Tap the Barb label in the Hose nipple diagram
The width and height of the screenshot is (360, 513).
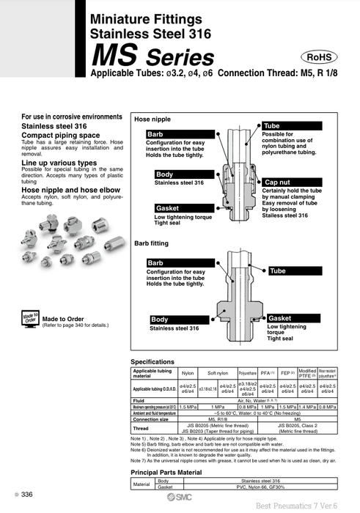[x=156, y=135]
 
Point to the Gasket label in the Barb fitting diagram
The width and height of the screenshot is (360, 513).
[x=280, y=318]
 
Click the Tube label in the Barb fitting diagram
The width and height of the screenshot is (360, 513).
[x=278, y=271]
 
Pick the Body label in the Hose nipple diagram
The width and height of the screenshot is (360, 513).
[x=164, y=174]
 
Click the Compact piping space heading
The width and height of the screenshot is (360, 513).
[x=60, y=134]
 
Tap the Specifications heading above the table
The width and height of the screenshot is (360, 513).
[x=153, y=362]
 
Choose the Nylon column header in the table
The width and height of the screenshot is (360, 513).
[x=188, y=373]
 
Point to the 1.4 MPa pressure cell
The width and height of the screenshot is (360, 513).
[x=307, y=406]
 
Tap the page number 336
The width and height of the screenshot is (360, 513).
[x=26, y=495]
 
